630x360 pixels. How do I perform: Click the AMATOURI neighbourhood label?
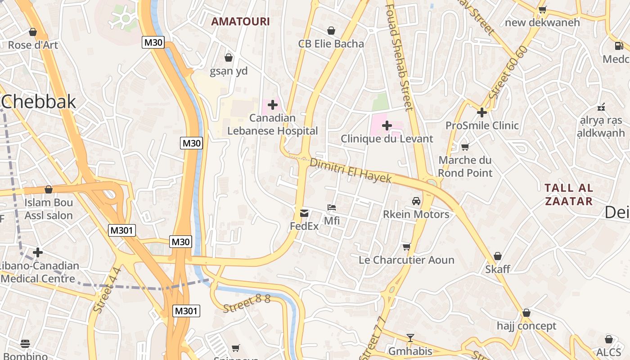tap(240, 21)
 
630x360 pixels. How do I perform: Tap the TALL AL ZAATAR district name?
tap(569, 194)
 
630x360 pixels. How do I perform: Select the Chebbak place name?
tap(39, 102)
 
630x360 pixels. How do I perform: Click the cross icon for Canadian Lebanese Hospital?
tap(272, 105)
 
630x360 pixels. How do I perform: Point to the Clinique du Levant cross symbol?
tap(387, 126)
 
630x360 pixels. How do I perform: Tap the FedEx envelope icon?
tap(304, 213)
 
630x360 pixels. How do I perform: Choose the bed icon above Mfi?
tap(332, 207)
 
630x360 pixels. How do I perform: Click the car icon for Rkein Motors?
tap(416, 201)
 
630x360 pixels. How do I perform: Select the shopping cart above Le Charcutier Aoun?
tap(406, 247)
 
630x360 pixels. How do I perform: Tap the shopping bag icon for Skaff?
tap(498, 256)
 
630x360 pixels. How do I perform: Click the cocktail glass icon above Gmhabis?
tap(410, 338)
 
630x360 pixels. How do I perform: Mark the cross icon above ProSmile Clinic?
tap(482, 112)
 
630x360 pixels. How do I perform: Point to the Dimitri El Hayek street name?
tap(351, 171)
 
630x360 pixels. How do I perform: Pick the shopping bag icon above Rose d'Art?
tap(33, 32)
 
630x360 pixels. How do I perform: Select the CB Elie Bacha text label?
tap(331, 44)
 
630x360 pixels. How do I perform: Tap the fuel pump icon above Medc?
tap(619, 45)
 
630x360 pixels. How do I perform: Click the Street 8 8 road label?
tap(246, 303)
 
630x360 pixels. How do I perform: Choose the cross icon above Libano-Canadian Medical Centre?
tap(38, 252)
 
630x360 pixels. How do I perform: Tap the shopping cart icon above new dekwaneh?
tap(543, 9)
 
